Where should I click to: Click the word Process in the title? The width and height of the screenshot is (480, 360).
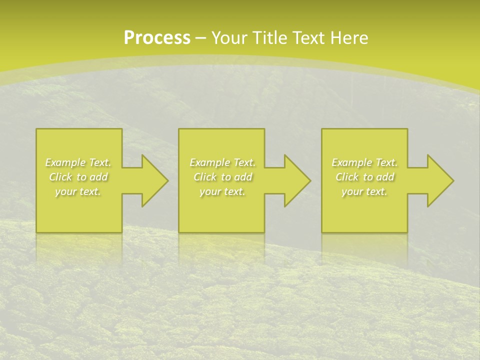(157, 38)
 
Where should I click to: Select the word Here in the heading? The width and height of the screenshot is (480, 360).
(348, 38)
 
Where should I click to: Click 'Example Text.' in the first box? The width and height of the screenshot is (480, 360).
(78, 162)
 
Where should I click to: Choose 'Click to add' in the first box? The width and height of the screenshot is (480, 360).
(78, 177)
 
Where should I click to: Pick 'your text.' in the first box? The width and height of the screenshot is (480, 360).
(78, 191)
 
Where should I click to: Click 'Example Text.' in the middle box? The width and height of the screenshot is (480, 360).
(222, 162)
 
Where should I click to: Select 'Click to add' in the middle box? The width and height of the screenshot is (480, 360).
(222, 177)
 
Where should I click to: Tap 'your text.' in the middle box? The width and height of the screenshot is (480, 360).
(222, 191)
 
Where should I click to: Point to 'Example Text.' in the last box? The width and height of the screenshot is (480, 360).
(364, 162)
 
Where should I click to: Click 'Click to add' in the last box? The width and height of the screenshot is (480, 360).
(364, 177)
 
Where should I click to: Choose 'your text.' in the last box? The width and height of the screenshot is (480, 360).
(364, 191)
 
